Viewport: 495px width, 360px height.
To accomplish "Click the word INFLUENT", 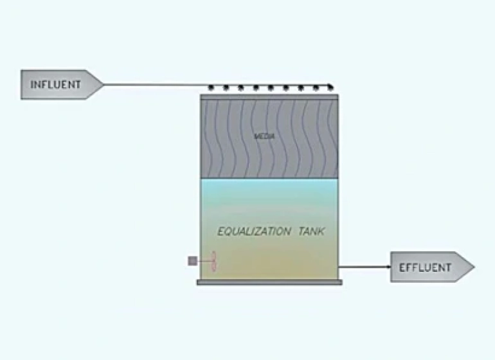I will pyautogui.click(x=56, y=84).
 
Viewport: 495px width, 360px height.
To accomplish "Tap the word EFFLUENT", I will pyautogui.click(x=426, y=267).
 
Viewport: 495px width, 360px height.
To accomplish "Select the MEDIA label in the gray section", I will pyautogui.click(x=260, y=136).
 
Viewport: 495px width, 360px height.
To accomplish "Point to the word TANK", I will pyautogui.click(x=312, y=231).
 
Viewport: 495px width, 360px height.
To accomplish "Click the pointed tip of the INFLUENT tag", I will pyautogui.click(x=102, y=84).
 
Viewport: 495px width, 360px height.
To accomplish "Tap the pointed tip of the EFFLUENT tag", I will pyautogui.click(x=474, y=267).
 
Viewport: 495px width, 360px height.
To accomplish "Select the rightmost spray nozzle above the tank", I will pyautogui.click(x=330, y=86).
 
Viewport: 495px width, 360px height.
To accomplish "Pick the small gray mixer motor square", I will pyautogui.click(x=192, y=260).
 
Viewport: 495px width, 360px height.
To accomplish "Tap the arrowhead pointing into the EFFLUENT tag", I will pyautogui.click(x=388, y=266).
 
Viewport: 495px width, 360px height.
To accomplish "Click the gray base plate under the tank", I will pyautogui.click(x=269, y=282).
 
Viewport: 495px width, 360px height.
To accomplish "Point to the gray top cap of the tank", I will pyautogui.click(x=269, y=97).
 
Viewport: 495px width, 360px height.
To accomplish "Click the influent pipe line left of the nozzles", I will pyautogui.click(x=154, y=84).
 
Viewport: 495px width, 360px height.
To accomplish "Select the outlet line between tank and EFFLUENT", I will pyautogui.click(x=363, y=266).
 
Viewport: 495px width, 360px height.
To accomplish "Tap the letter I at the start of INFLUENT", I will pyautogui.click(x=32, y=84).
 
